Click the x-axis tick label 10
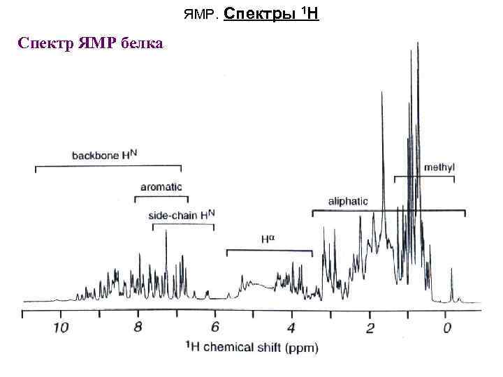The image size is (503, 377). click(x=61, y=327)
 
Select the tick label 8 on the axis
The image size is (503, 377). click(x=138, y=327)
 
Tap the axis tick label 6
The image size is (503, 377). click(x=214, y=327)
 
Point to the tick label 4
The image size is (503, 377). click(x=291, y=327)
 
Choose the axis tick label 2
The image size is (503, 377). click(x=370, y=327)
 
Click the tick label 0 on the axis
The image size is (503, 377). click(x=446, y=327)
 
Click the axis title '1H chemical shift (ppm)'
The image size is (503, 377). click(x=252, y=347)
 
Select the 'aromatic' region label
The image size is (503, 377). click(x=161, y=187)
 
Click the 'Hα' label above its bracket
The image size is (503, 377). click(x=269, y=239)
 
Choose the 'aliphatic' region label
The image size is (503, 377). click(x=348, y=201)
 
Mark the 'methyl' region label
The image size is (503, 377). click(x=439, y=168)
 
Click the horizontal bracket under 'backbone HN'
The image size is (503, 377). click(x=108, y=167)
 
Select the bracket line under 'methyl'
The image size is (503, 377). click(x=424, y=177)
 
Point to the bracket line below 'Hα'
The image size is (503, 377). click(x=269, y=250)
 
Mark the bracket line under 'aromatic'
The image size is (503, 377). click(x=161, y=198)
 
